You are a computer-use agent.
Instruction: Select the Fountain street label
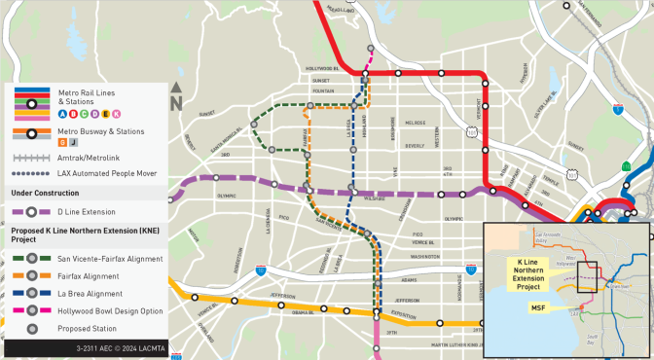[x=325, y=90]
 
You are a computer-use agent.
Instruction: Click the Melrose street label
[x=416, y=124]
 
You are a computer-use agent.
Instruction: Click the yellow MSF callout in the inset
[x=536, y=308]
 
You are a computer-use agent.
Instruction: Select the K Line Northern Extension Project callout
[x=529, y=276]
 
